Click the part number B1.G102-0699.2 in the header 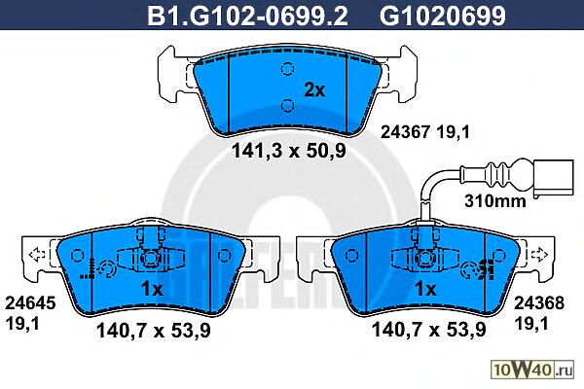[247, 16]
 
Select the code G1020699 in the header [443, 16]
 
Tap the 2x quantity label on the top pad [314, 89]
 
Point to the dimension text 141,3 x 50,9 [289, 151]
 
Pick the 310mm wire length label [495, 201]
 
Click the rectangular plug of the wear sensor [553, 178]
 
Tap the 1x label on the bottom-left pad [152, 289]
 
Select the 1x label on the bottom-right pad [425, 289]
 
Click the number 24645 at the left [30, 303]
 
